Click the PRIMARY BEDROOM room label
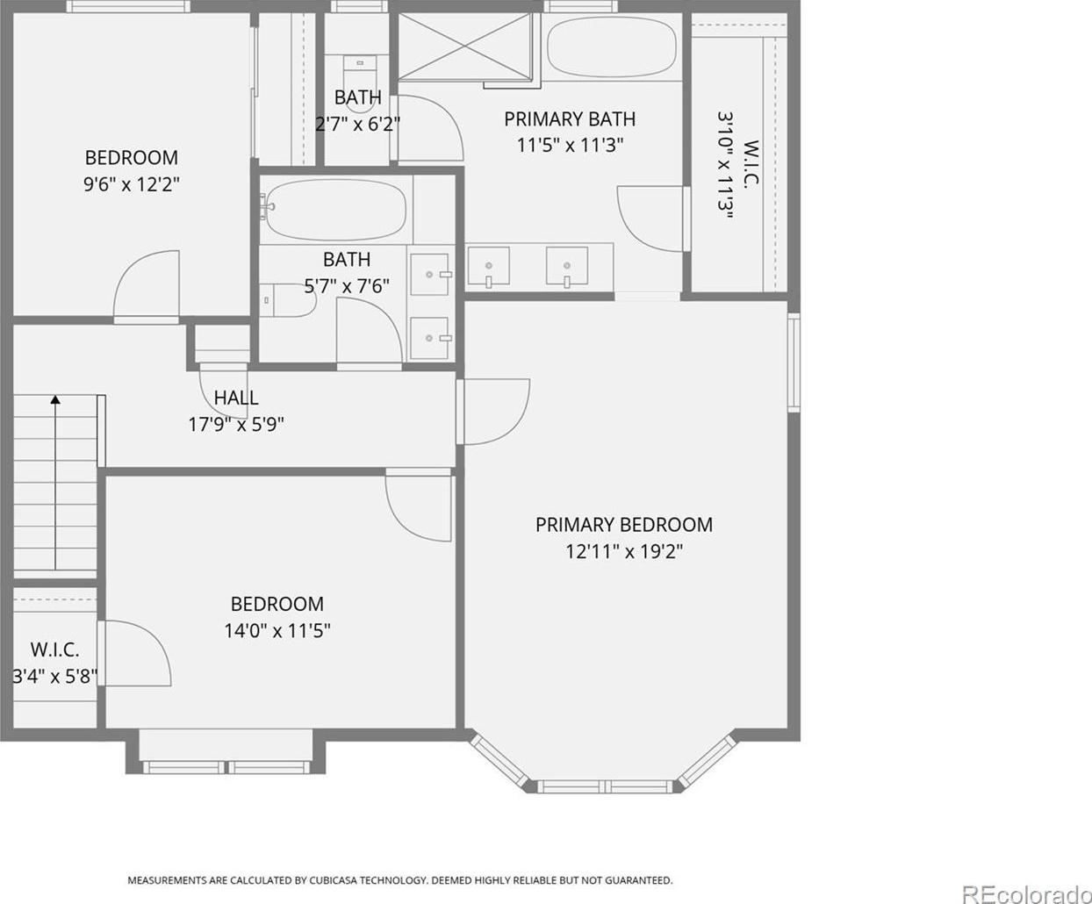(x=624, y=525)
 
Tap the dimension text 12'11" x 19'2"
(x=624, y=551)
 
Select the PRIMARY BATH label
(x=570, y=119)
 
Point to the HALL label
(x=236, y=398)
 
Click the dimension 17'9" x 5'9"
(x=236, y=425)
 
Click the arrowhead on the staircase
(x=55, y=399)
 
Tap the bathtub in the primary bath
(x=612, y=47)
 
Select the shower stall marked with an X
(x=464, y=47)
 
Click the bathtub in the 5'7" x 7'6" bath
(x=335, y=209)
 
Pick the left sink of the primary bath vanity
(x=488, y=266)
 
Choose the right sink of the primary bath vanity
(x=567, y=266)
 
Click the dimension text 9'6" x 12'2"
(x=132, y=184)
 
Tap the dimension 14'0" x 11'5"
(x=277, y=630)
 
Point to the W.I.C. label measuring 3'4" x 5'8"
(x=55, y=649)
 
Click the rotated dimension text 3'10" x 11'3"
(x=726, y=165)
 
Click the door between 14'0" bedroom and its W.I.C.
(x=135, y=653)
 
